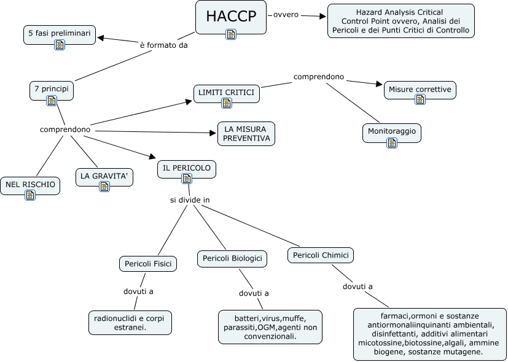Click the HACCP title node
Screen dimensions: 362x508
tap(231, 16)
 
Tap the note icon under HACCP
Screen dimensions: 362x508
tap(231, 34)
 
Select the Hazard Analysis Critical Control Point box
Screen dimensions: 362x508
tap(401, 21)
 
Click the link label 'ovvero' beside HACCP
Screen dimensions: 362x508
tap(286, 14)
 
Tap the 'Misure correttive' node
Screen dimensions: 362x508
tap(421, 89)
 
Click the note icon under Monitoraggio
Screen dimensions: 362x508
tap(392, 143)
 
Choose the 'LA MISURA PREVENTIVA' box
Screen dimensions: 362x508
tap(246, 134)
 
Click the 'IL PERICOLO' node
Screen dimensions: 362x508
tap(187, 167)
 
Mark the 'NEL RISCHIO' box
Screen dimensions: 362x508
tap(30, 183)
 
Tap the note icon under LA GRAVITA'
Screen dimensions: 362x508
tap(104, 187)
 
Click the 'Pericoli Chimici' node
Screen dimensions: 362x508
tap(321, 255)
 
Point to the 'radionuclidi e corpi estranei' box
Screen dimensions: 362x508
tap(130, 323)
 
